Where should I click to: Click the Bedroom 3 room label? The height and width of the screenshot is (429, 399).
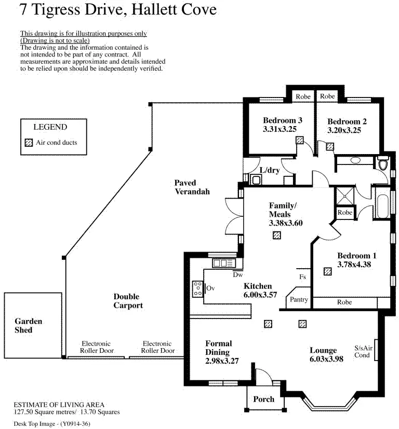click(x=283, y=120)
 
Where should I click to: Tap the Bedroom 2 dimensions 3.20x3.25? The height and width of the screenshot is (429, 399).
click(x=344, y=130)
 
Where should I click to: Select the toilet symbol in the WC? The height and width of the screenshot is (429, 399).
click(x=383, y=163)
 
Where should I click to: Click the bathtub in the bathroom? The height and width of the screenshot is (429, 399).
click(x=382, y=203)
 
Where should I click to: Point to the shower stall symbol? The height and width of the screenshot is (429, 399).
click(x=345, y=196)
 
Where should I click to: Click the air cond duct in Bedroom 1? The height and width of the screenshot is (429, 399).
click(x=328, y=271)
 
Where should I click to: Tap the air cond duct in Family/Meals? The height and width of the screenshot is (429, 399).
click(x=277, y=236)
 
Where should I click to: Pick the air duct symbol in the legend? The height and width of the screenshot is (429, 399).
click(x=29, y=143)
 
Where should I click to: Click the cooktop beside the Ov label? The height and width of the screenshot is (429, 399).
click(x=197, y=289)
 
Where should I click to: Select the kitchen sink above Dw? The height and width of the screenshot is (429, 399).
click(x=224, y=263)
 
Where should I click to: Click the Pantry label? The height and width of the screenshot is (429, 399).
click(x=299, y=300)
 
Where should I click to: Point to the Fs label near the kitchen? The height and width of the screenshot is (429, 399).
click(x=302, y=277)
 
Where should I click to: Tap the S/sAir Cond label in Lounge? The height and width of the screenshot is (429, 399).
click(x=363, y=352)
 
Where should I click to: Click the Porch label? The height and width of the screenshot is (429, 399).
click(x=263, y=399)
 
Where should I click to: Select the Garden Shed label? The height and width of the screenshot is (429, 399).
click(x=29, y=326)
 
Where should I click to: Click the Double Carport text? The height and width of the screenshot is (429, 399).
click(x=128, y=301)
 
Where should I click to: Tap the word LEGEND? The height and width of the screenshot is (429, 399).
click(x=50, y=127)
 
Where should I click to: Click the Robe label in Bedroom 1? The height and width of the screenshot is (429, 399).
click(x=344, y=302)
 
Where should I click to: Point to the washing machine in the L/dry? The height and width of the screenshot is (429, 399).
click(x=256, y=180)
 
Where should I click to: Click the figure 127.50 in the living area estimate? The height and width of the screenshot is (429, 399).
click(x=23, y=412)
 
